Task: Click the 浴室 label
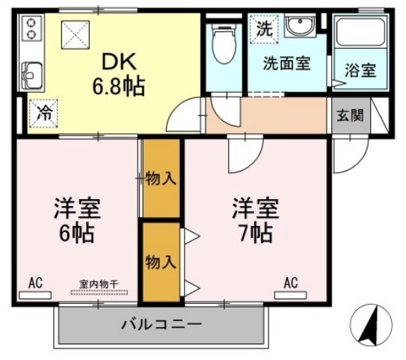point(360,71)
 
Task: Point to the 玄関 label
point(350,116)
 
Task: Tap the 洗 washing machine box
point(264,29)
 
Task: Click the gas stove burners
point(31,28)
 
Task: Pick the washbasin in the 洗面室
point(302,27)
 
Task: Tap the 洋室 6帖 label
point(77,219)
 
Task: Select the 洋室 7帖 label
point(255,219)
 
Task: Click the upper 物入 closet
point(161,179)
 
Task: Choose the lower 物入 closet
point(161,262)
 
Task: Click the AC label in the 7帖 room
point(291,282)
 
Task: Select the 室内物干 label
point(98,284)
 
